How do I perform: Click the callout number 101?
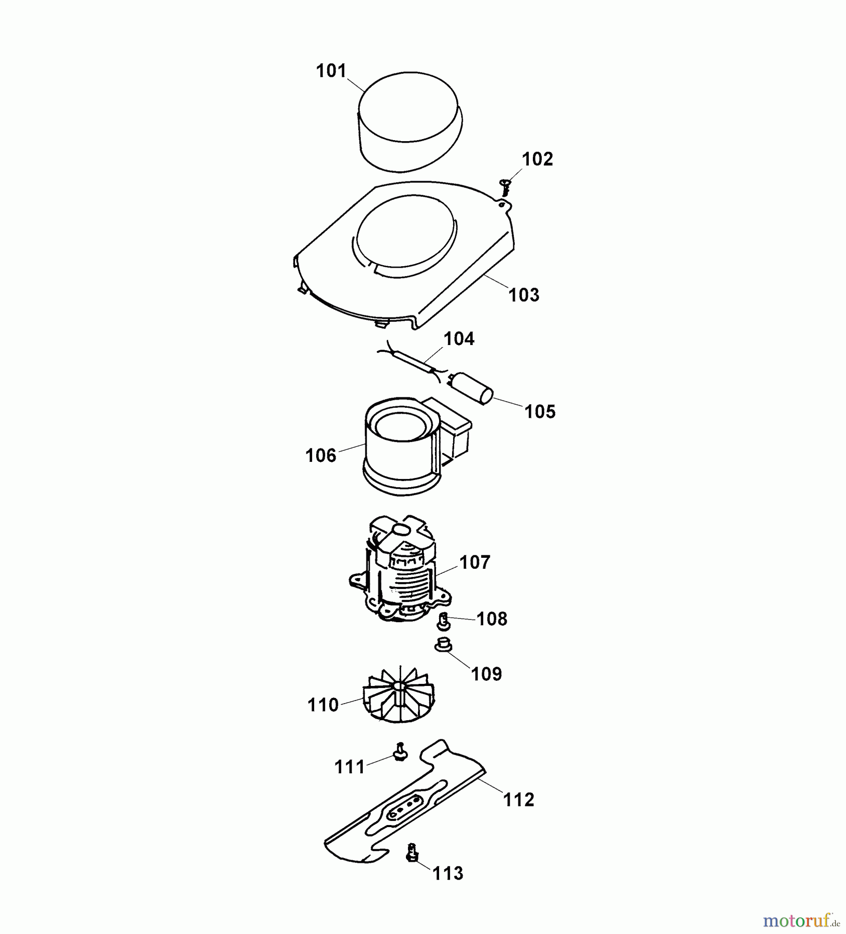tap(331, 71)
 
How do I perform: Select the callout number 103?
tap(524, 295)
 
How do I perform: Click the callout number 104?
tap(459, 339)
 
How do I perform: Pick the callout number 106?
tap(321, 456)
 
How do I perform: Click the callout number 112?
tap(519, 800)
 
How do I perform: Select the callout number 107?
tap(475, 562)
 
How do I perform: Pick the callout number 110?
tap(323, 705)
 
